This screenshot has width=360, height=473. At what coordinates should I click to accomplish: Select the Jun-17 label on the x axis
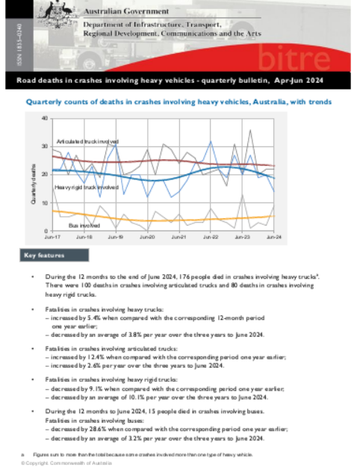52,238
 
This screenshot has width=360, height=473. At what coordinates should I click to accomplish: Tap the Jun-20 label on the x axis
147,238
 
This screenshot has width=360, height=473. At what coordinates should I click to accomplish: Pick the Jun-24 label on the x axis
274,238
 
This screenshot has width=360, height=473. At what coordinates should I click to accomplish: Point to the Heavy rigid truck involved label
87,188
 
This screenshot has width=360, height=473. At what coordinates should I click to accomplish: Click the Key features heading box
46,256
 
